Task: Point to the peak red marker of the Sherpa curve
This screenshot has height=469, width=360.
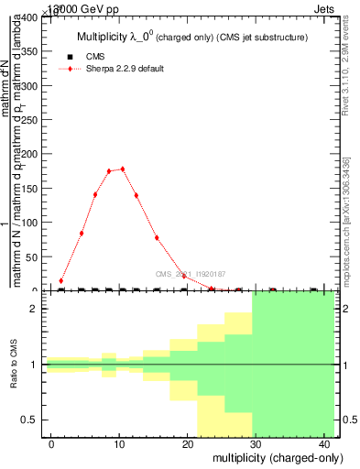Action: (x=123, y=169)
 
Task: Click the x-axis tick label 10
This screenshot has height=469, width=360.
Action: (x=119, y=443)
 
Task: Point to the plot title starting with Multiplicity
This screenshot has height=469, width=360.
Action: (x=191, y=37)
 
